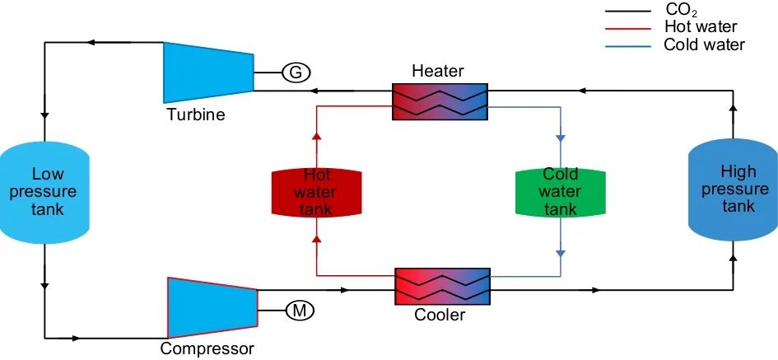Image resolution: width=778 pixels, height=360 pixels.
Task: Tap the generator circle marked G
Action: click(x=296, y=72)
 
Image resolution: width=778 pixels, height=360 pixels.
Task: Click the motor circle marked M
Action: click(x=300, y=311)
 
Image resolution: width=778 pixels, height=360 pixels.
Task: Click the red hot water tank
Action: click(x=317, y=192)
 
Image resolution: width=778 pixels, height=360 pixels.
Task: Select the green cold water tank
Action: click(x=560, y=192)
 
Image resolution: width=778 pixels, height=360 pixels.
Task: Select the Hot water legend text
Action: click(x=700, y=27)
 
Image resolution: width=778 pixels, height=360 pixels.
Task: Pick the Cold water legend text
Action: click(x=704, y=44)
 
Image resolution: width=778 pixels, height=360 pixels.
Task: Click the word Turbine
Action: click(x=195, y=115)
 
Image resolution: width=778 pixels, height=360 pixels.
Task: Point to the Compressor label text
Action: click(x=207, y=348)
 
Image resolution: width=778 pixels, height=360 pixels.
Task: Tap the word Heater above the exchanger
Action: click(x=438, y=72)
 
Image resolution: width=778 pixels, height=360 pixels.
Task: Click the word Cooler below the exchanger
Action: click(x=440, y=315)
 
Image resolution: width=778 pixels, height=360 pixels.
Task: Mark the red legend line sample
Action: click(x=630, y=28)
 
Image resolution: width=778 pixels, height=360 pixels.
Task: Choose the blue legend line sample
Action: click(x=630, y=45)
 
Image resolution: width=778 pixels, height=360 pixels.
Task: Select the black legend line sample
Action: click(x=630, y=12)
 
